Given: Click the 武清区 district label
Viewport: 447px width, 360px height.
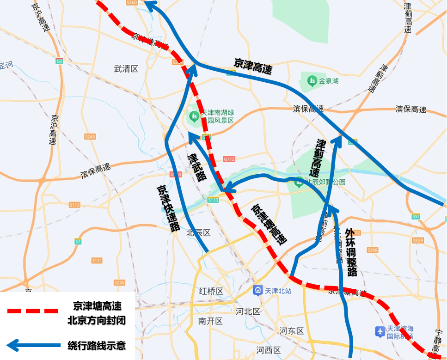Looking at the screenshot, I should [x=126, y=69].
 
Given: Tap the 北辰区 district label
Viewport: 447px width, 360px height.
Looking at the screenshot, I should [x=198, y=232].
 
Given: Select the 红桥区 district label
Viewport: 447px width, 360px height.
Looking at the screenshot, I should [x=211, y=291].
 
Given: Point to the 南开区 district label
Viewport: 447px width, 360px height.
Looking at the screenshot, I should [x=210, y=321].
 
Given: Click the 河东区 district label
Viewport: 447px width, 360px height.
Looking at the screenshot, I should [x=291, y=331].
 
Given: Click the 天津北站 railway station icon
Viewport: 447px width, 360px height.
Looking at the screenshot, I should [x=257, y=291].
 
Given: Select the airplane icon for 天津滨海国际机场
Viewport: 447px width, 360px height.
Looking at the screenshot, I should [x=380, y=331].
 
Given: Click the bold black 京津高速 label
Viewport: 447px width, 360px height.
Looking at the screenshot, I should [x=253, y=67].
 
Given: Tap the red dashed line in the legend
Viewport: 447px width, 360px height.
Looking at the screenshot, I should [x=32, y=311].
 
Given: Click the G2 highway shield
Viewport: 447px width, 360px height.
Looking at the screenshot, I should [x=59, y=61].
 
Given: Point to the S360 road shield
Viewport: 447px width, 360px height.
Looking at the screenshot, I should [x=132, y=3].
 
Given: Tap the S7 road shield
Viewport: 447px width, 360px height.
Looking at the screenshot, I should [x=78, y=241].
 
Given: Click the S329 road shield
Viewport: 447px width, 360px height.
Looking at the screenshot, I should [x=418, y=240].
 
